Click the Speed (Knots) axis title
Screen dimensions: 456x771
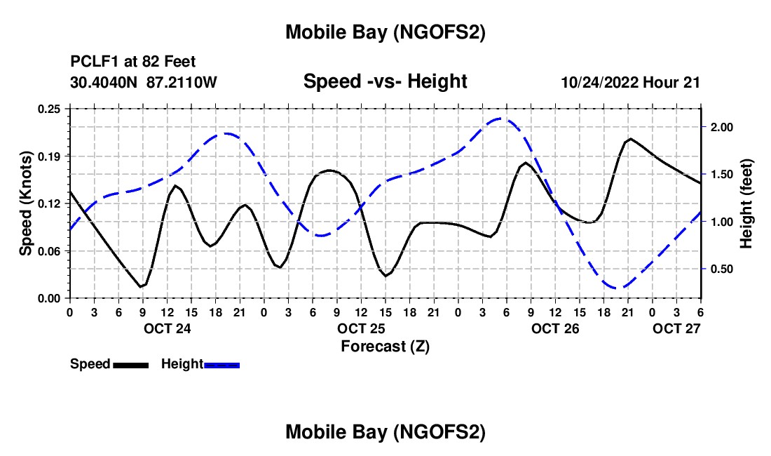click(26, 203)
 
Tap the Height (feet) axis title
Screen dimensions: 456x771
click(746, 203)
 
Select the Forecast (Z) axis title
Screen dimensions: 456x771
click(384, 346)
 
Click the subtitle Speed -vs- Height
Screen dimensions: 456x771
click(385, 82)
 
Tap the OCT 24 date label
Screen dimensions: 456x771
click(167, 328)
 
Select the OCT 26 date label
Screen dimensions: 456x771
click(555, 328)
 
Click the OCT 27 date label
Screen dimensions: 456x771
click(676, 328)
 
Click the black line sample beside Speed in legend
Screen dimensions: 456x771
click(130, 365)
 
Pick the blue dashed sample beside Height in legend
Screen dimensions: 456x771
click(222, 365)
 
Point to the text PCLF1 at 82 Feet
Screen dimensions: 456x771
click(132, 62)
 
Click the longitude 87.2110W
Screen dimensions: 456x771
click(182, 82)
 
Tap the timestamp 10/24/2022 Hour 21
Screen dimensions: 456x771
click(630, 82)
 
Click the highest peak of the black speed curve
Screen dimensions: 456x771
click(631, 139)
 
